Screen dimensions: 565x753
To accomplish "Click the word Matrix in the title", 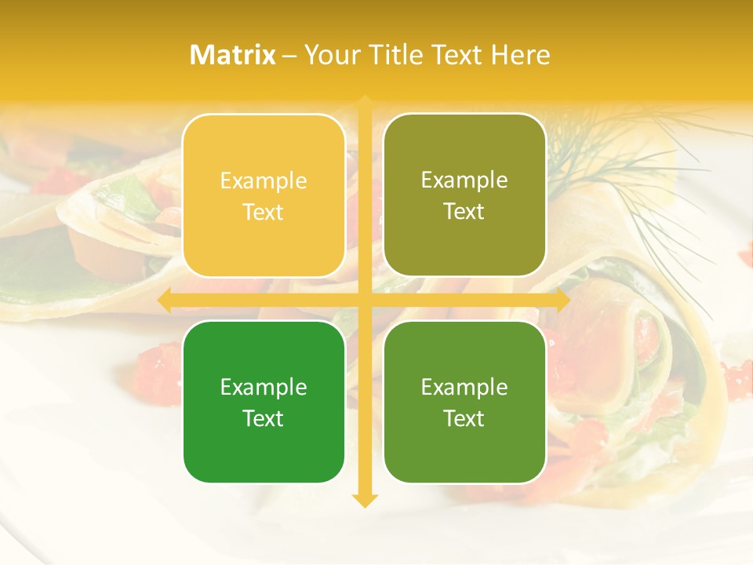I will [x=233, y=55].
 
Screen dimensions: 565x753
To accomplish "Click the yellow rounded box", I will [x=264, y=195].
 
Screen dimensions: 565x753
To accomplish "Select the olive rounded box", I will [x=464, y=195].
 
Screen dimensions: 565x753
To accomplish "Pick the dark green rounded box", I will [x=264, y=402].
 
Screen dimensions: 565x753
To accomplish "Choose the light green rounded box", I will [x=464, y=402].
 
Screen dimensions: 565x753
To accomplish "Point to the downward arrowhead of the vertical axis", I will [x=364, y=500].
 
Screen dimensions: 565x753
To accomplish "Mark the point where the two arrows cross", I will [x=364, y=301].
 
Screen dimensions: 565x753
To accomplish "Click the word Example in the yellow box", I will [x=264, y=181].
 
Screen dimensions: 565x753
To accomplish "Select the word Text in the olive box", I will [x=464, y=212].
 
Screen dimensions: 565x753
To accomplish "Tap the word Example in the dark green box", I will [x=264, y=387].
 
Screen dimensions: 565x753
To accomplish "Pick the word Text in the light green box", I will [x=464, y=418].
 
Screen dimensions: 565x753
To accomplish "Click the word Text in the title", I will [x=457, y=55].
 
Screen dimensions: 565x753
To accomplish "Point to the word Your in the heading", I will [x=331, y=55].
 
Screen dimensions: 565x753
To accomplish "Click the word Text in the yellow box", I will [x=264, y=212].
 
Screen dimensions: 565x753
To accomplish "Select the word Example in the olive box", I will [x=464, y=180].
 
